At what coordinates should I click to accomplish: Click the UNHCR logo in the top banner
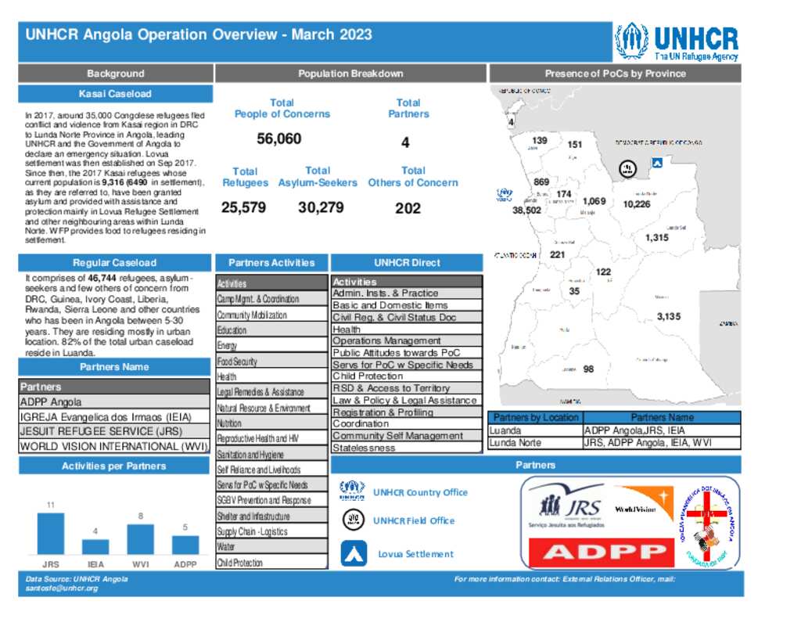676,42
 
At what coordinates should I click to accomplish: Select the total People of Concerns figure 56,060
279,139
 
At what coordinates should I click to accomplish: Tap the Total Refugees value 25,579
243,208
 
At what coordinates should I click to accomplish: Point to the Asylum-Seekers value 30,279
321,208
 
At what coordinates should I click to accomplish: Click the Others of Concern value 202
408,208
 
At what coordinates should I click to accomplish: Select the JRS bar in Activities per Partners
50,534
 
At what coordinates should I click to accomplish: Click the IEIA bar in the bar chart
95,547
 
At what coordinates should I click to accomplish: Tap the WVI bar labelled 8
140,539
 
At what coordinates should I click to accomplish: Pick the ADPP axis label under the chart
185,563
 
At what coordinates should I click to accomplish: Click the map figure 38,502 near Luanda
526,211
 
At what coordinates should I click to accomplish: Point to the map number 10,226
636,204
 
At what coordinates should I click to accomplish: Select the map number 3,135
668,317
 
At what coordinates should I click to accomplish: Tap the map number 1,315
656,238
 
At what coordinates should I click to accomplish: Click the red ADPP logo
599,552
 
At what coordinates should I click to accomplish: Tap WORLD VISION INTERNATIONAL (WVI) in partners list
115,447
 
